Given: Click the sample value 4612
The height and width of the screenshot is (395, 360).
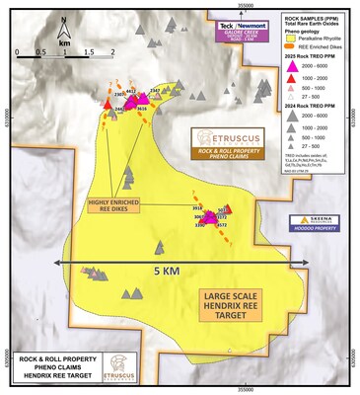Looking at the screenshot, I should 131,92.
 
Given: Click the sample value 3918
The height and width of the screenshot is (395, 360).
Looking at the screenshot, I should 196,208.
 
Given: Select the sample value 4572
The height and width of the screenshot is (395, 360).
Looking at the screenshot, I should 222,226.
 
